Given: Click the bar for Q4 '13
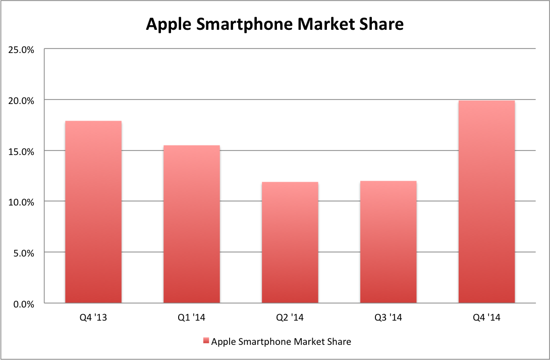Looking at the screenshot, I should [93, 212].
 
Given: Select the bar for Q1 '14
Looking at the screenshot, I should [191, 224].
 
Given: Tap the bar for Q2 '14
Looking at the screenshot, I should [290, 242].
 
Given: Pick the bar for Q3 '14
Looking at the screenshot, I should [388, 242].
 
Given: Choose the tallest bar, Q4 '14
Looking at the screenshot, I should [486, 202].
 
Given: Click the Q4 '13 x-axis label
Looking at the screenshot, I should [93, 318].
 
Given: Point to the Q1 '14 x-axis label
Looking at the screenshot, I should [191, 318].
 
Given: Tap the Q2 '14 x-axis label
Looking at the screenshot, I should [290, 318].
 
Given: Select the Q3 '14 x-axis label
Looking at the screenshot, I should [388, 318].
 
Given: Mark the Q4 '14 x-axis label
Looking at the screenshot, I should [486, 318].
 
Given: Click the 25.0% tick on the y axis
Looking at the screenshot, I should [21, 49].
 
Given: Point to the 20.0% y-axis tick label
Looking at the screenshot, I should [21, 100].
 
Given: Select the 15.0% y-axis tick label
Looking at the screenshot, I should [21, 151].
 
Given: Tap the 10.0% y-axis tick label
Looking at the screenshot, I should [21, 202].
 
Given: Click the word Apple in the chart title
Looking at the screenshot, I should [167, 24].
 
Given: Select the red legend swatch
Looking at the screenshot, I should [205, 342].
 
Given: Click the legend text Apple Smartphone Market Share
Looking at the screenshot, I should [281, 342].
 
